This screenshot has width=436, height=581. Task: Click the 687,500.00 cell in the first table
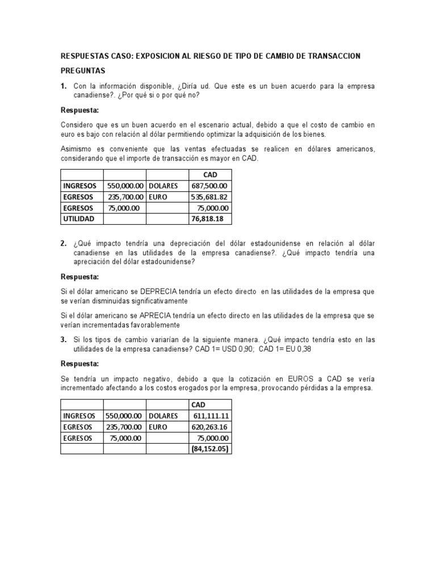coord(211,186)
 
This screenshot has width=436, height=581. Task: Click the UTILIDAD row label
coord(79,218)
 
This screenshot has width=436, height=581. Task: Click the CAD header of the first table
coord(210,174)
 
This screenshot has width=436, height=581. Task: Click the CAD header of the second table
coord(199,405)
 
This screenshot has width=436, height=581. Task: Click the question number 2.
coord(64,243)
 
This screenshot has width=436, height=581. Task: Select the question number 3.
coord(64,339)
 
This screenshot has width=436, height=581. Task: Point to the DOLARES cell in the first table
coord(163,186)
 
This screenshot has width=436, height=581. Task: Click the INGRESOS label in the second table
coord(80,416)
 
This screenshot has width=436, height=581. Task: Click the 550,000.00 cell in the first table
coord(125,186)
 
